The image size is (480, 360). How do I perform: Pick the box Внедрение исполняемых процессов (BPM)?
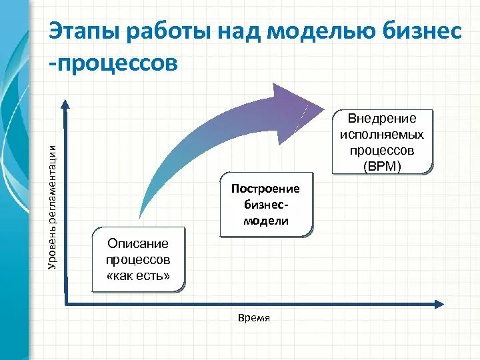point(382,142)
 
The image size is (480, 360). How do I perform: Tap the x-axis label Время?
point(253,318)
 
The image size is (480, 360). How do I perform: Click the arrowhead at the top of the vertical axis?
point(65,104)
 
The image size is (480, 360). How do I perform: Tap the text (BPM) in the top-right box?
point(382,166)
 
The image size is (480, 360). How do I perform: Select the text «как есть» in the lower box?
point(138,276)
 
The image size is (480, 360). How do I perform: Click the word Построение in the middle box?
point(266,189)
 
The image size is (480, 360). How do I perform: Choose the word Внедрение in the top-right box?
point(382,119)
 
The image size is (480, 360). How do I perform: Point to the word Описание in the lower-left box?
point(138,244)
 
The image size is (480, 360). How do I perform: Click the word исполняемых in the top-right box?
point(382,134)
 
